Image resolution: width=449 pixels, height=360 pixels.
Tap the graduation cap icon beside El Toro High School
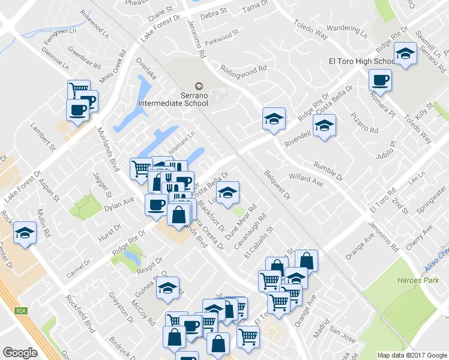[x=405, y=55]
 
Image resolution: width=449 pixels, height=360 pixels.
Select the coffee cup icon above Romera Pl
[x=380, y=80]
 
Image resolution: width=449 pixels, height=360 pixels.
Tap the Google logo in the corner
[x=20, y=352]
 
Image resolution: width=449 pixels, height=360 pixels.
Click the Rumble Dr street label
[x=328, y=171]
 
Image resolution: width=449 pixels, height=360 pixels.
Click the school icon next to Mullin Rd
[x=25, y=233]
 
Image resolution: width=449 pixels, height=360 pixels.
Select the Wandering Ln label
[x=348, y=28]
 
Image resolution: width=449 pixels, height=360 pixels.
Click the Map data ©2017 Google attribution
[x=412, y=355]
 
